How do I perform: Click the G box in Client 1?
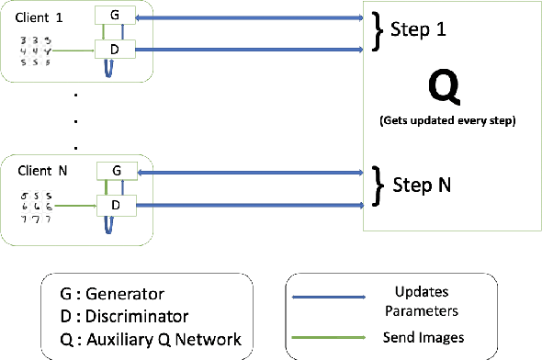click(x=115, y=16)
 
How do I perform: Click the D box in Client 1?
click(x=115, y=47)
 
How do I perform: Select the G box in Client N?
click(x=115, y=170)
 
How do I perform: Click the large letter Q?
click(x=442, y=88)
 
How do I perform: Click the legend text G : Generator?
click(x=112, y=295)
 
